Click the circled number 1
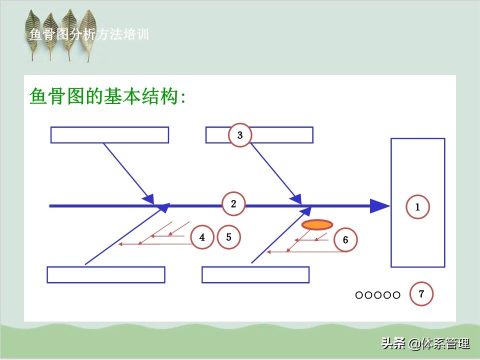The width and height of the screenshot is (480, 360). [417, 207]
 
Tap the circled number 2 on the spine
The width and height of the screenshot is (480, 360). [233, 204]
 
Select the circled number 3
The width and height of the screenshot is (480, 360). [240, 135]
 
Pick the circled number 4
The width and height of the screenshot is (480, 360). [202, 237]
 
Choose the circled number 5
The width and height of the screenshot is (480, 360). [228, 237]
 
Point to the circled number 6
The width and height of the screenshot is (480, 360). [345, 239]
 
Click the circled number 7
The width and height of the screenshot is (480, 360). [421, 294]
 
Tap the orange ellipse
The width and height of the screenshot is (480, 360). [317, 224]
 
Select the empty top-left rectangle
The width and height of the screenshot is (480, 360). [109, 135]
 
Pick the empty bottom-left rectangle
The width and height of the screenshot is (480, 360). [106, 274]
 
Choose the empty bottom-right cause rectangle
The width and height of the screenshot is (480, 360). [255, 274]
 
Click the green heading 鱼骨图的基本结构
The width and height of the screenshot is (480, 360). [107, 96]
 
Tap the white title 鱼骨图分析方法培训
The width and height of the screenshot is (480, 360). [89, 34]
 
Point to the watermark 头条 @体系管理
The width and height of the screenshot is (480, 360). [425, 343]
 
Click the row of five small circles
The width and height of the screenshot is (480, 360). [378, 295]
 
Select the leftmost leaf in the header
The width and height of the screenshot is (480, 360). [33, 33]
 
